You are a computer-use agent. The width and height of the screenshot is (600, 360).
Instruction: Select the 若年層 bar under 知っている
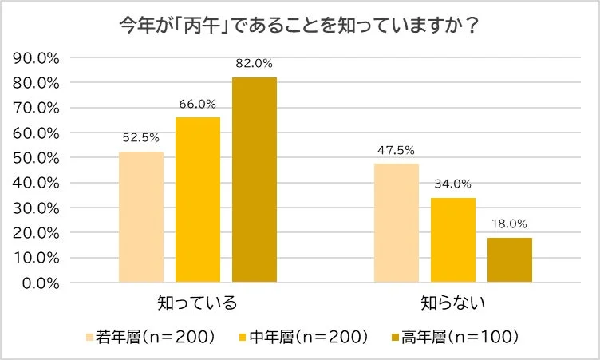tap(141, 216)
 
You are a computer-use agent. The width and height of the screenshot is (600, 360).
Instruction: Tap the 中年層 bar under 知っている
tap(198, 200)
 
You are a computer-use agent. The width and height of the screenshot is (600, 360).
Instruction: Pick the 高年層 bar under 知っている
tap(255, 180)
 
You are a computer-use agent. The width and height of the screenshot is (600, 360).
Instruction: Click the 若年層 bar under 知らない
tap(397, 223)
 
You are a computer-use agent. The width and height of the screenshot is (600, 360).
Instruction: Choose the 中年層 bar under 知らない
tap(453, 239)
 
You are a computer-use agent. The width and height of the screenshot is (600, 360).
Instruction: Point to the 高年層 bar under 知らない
tap(510, 259)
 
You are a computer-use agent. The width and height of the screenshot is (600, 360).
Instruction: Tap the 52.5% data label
tap(141, 137)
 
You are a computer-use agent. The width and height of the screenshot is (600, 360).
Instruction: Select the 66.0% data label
tap(198, 104)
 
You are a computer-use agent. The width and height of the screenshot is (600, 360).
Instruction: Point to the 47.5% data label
tap(397, 150)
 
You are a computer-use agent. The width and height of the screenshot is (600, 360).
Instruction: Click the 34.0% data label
tap(453, 184)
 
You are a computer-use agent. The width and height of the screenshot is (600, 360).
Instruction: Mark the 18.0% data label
tap(510, 224)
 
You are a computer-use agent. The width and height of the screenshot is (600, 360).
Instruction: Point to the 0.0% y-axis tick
tap(40, 283)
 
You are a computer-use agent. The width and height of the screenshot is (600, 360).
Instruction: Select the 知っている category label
tap(198, 304)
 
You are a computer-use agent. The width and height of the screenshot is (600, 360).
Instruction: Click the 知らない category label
tap(453, 304)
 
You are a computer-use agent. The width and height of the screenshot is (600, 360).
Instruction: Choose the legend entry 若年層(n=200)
tap(152, 337)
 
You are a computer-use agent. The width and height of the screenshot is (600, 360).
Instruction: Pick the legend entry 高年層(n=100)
tap(455, 337)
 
